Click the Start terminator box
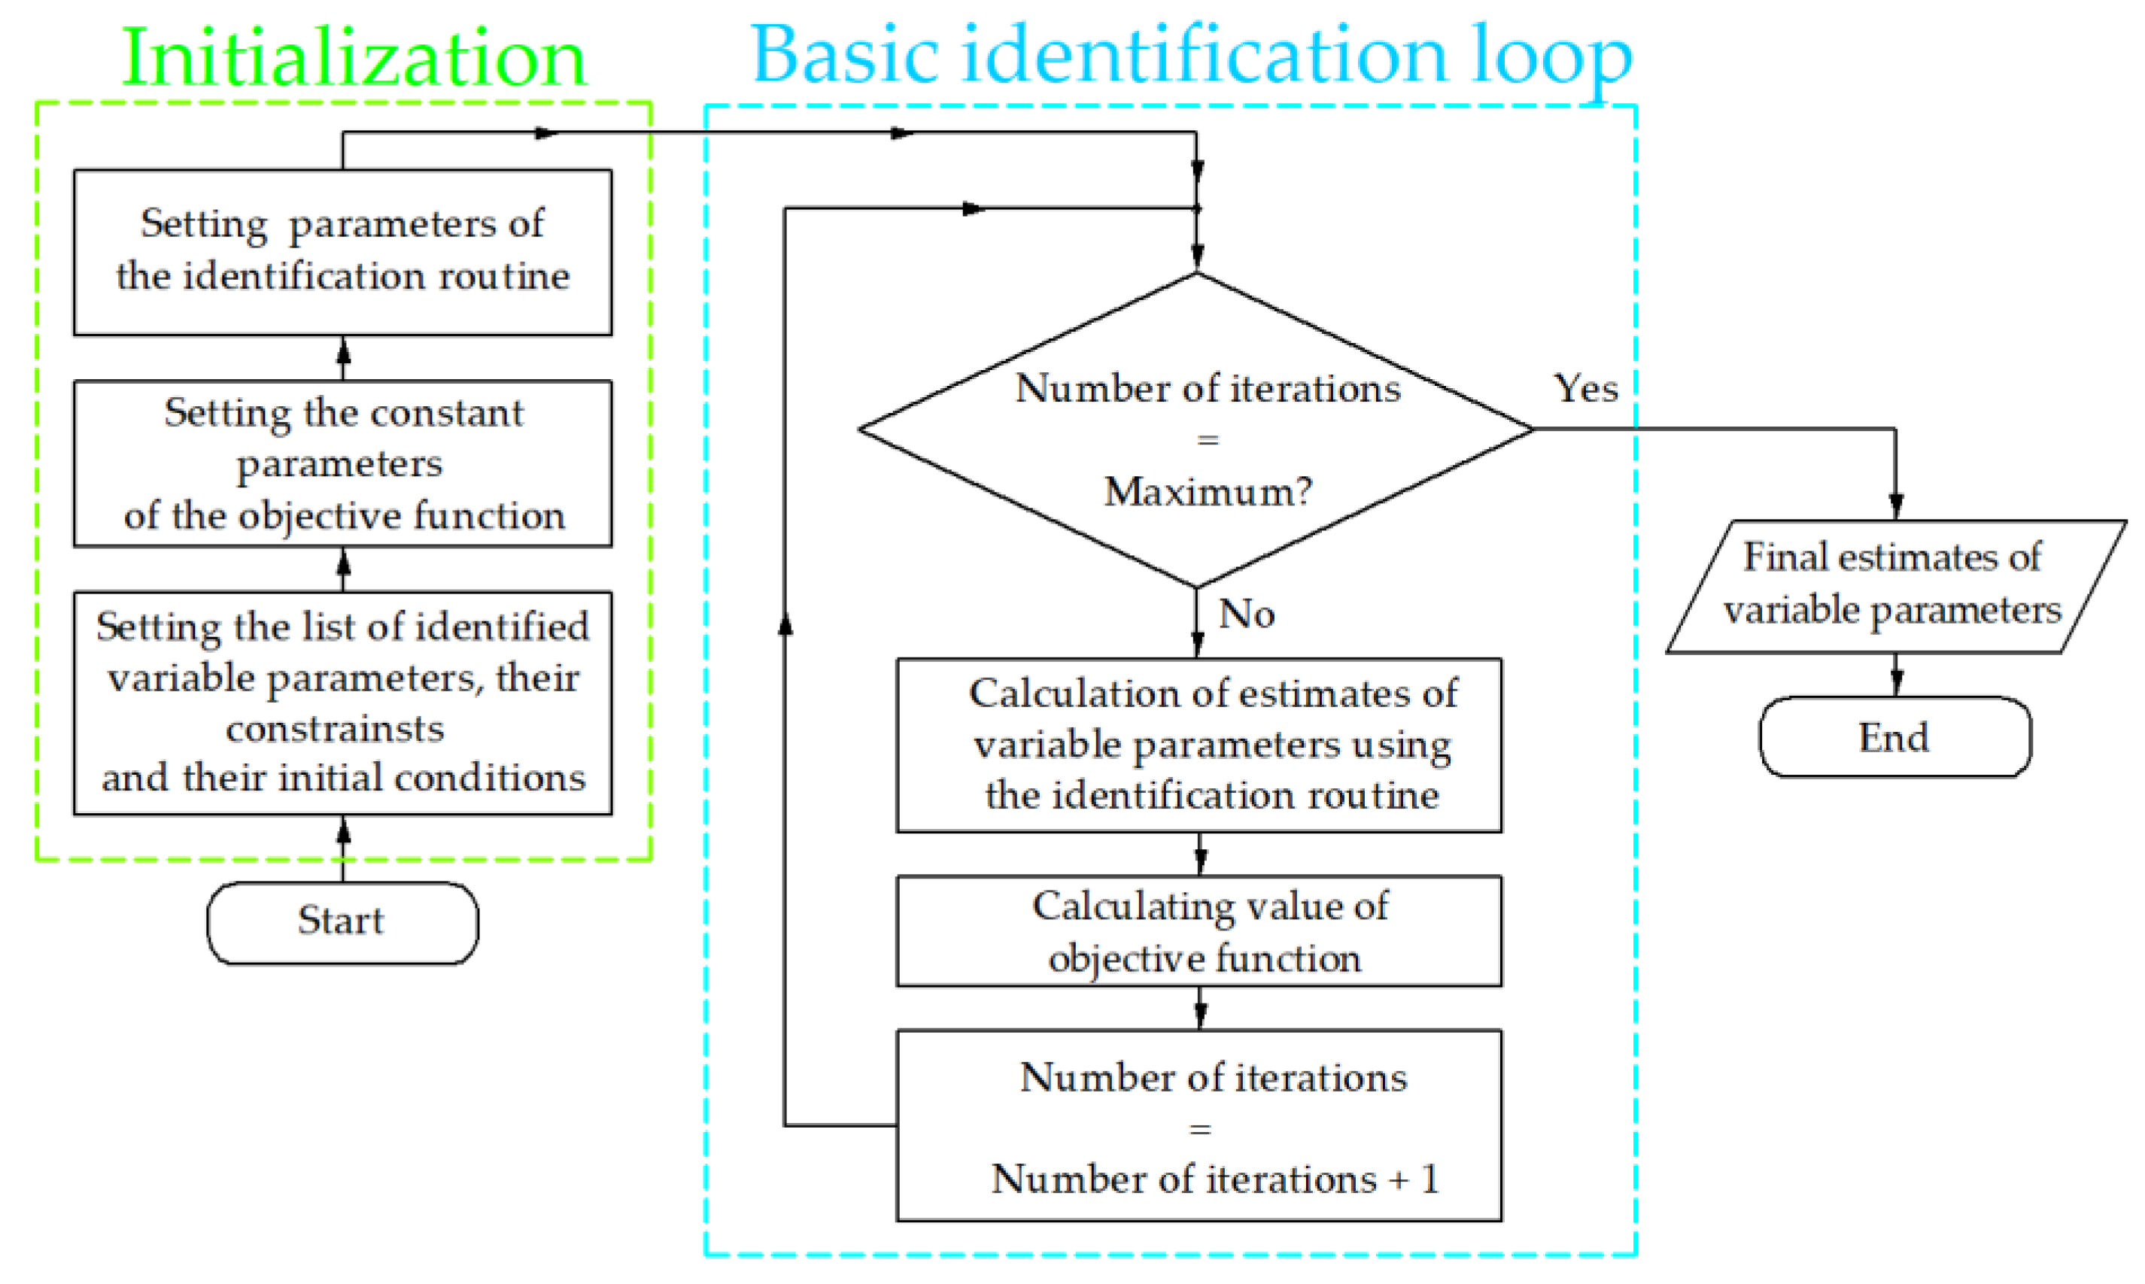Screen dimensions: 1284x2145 point(342,922)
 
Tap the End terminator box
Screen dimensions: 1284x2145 point(1894,737)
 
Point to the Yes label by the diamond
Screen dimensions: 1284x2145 point(1585,387)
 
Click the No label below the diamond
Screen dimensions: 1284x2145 point(1247,615)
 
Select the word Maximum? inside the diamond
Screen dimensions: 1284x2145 point(1208,491)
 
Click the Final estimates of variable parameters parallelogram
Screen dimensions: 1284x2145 point(1894,585)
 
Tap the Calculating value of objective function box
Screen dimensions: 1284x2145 point(1199,931)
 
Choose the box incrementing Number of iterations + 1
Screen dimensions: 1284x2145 point(1199,1125)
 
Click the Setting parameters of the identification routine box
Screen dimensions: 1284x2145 point(342,251)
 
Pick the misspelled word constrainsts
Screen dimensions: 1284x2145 point(335,729)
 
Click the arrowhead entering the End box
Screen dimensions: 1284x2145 point(1896,683)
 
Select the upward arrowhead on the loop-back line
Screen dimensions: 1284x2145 point(785,624)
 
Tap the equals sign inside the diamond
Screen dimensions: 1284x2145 point(1208,440)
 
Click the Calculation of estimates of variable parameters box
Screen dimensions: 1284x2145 point(1199,744)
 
